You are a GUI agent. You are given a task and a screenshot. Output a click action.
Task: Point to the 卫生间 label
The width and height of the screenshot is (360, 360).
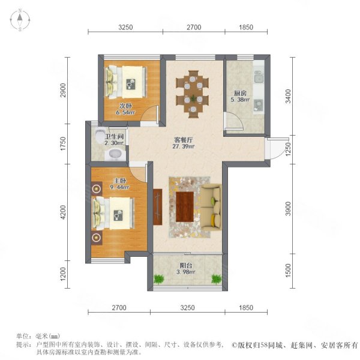click(113, 136)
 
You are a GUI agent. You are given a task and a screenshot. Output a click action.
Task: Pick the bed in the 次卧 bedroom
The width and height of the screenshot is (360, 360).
click(125, 80)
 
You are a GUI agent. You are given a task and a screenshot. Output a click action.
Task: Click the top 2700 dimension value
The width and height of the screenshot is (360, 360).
click(193, 27)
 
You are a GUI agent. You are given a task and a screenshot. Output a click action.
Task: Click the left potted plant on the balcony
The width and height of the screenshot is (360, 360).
click(158, 279)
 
